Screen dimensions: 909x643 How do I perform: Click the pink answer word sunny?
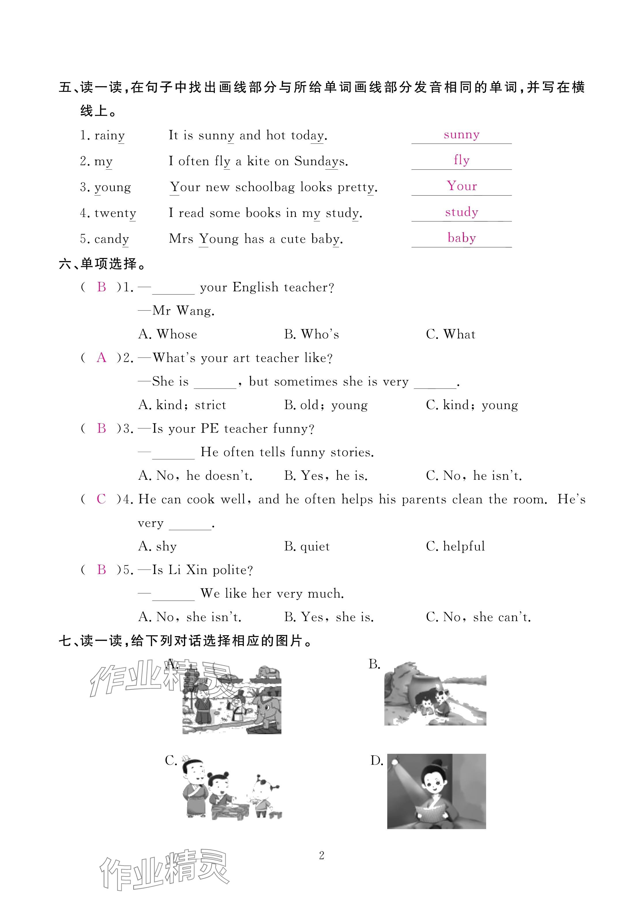[x=461, y=135]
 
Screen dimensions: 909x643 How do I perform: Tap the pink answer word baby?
[x=462, y=238]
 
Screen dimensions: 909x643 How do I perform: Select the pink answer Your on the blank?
[x=462, y=186]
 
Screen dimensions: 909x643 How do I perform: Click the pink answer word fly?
[x=462, y=160]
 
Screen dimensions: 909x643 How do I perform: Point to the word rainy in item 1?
[x=109, y=136]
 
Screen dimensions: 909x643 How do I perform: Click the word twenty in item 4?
[x=115, y=213]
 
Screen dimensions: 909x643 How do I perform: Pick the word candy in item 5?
[x=112, y=239]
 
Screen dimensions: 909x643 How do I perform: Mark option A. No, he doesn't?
[x=195, y=475]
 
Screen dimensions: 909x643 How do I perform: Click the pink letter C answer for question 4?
[x=101, y=499]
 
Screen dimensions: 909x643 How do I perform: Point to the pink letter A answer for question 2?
[x=101, y=358]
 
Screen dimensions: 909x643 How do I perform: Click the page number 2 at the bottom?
[x=321, y=856]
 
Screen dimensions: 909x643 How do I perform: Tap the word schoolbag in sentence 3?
[x=265, y=187]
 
